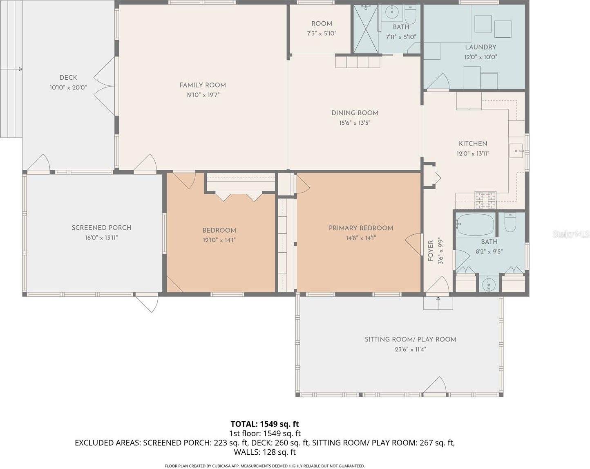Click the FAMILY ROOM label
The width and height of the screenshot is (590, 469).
(x=202, y=85)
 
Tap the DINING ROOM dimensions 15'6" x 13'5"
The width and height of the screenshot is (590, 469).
(x=355, y=123)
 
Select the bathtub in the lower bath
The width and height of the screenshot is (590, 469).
(x=475, y=225)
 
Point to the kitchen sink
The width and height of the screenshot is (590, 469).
(x=516, y=151)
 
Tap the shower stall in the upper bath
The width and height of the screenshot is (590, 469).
(x=365, y=29)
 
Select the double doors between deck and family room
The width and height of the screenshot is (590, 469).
(x=104, y=86)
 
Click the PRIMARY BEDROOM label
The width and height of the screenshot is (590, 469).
(x=361, y=228)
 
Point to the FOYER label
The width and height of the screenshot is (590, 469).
(x=431, y=251)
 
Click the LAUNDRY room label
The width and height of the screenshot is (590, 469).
(x=480, y=47)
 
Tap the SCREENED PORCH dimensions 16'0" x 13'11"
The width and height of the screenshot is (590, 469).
(x=101, y=238)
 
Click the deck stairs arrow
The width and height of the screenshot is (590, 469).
(x=11, y=70)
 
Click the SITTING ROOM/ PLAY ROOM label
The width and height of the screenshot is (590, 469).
(x=410, y=339)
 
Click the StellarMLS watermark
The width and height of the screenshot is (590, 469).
(x=571, y=234)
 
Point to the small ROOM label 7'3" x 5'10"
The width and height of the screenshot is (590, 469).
(x=322, y=24)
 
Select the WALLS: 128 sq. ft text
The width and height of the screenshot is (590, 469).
(x=265, y=452)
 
